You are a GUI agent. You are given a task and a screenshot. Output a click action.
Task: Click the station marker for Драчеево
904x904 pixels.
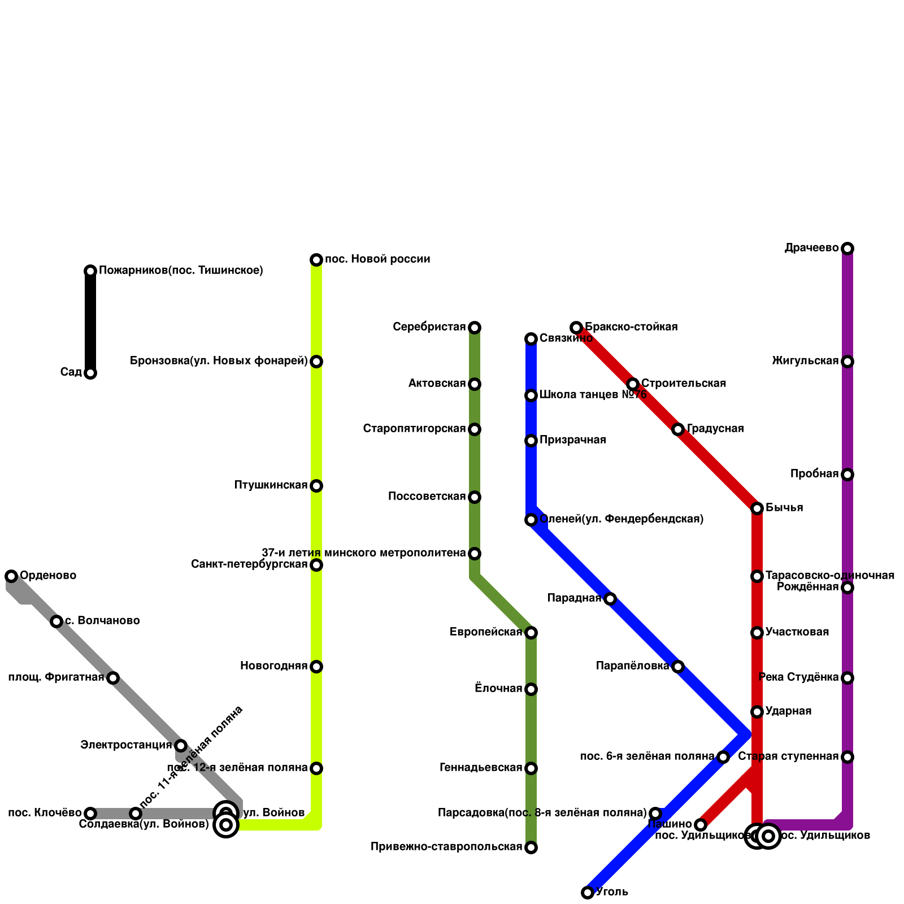[847, 249]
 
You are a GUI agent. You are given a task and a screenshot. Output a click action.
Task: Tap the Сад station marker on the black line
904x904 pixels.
[90, 373]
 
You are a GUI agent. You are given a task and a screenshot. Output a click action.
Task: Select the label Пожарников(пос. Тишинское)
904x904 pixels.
[181, 271]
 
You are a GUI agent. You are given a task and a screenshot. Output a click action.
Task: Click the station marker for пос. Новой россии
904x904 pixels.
[316, 260]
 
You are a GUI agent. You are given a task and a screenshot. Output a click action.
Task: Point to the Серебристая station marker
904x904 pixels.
[475, 328]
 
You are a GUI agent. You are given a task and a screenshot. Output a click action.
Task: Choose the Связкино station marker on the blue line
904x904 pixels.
[531, 339]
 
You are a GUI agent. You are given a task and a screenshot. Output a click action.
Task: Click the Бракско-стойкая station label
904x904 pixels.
[631, 327]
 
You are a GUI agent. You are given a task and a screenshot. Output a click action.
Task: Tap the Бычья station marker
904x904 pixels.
[757, 508]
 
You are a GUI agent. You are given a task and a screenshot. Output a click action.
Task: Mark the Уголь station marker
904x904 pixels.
[588, 893]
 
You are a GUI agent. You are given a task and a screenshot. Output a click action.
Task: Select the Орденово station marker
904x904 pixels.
[11, 576]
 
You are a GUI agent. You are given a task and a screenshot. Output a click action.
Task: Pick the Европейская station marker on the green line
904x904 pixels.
[531, 633]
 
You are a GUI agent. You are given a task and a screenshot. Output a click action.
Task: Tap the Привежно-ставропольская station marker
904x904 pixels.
[531, 847]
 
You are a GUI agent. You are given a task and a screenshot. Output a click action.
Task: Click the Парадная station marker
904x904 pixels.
[610, 599]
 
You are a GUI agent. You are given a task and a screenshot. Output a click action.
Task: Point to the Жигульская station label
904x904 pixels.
[805, 361]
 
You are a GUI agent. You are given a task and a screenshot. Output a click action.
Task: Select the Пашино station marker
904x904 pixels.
[701, 825]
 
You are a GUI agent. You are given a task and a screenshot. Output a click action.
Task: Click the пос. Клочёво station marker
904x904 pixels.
[90, 814]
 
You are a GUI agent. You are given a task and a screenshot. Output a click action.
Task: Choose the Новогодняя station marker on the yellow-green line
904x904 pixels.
[316, 667]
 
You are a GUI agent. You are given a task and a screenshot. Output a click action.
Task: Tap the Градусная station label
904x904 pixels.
[715, 429]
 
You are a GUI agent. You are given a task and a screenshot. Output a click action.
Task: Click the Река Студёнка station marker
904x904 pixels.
[847, 678]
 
